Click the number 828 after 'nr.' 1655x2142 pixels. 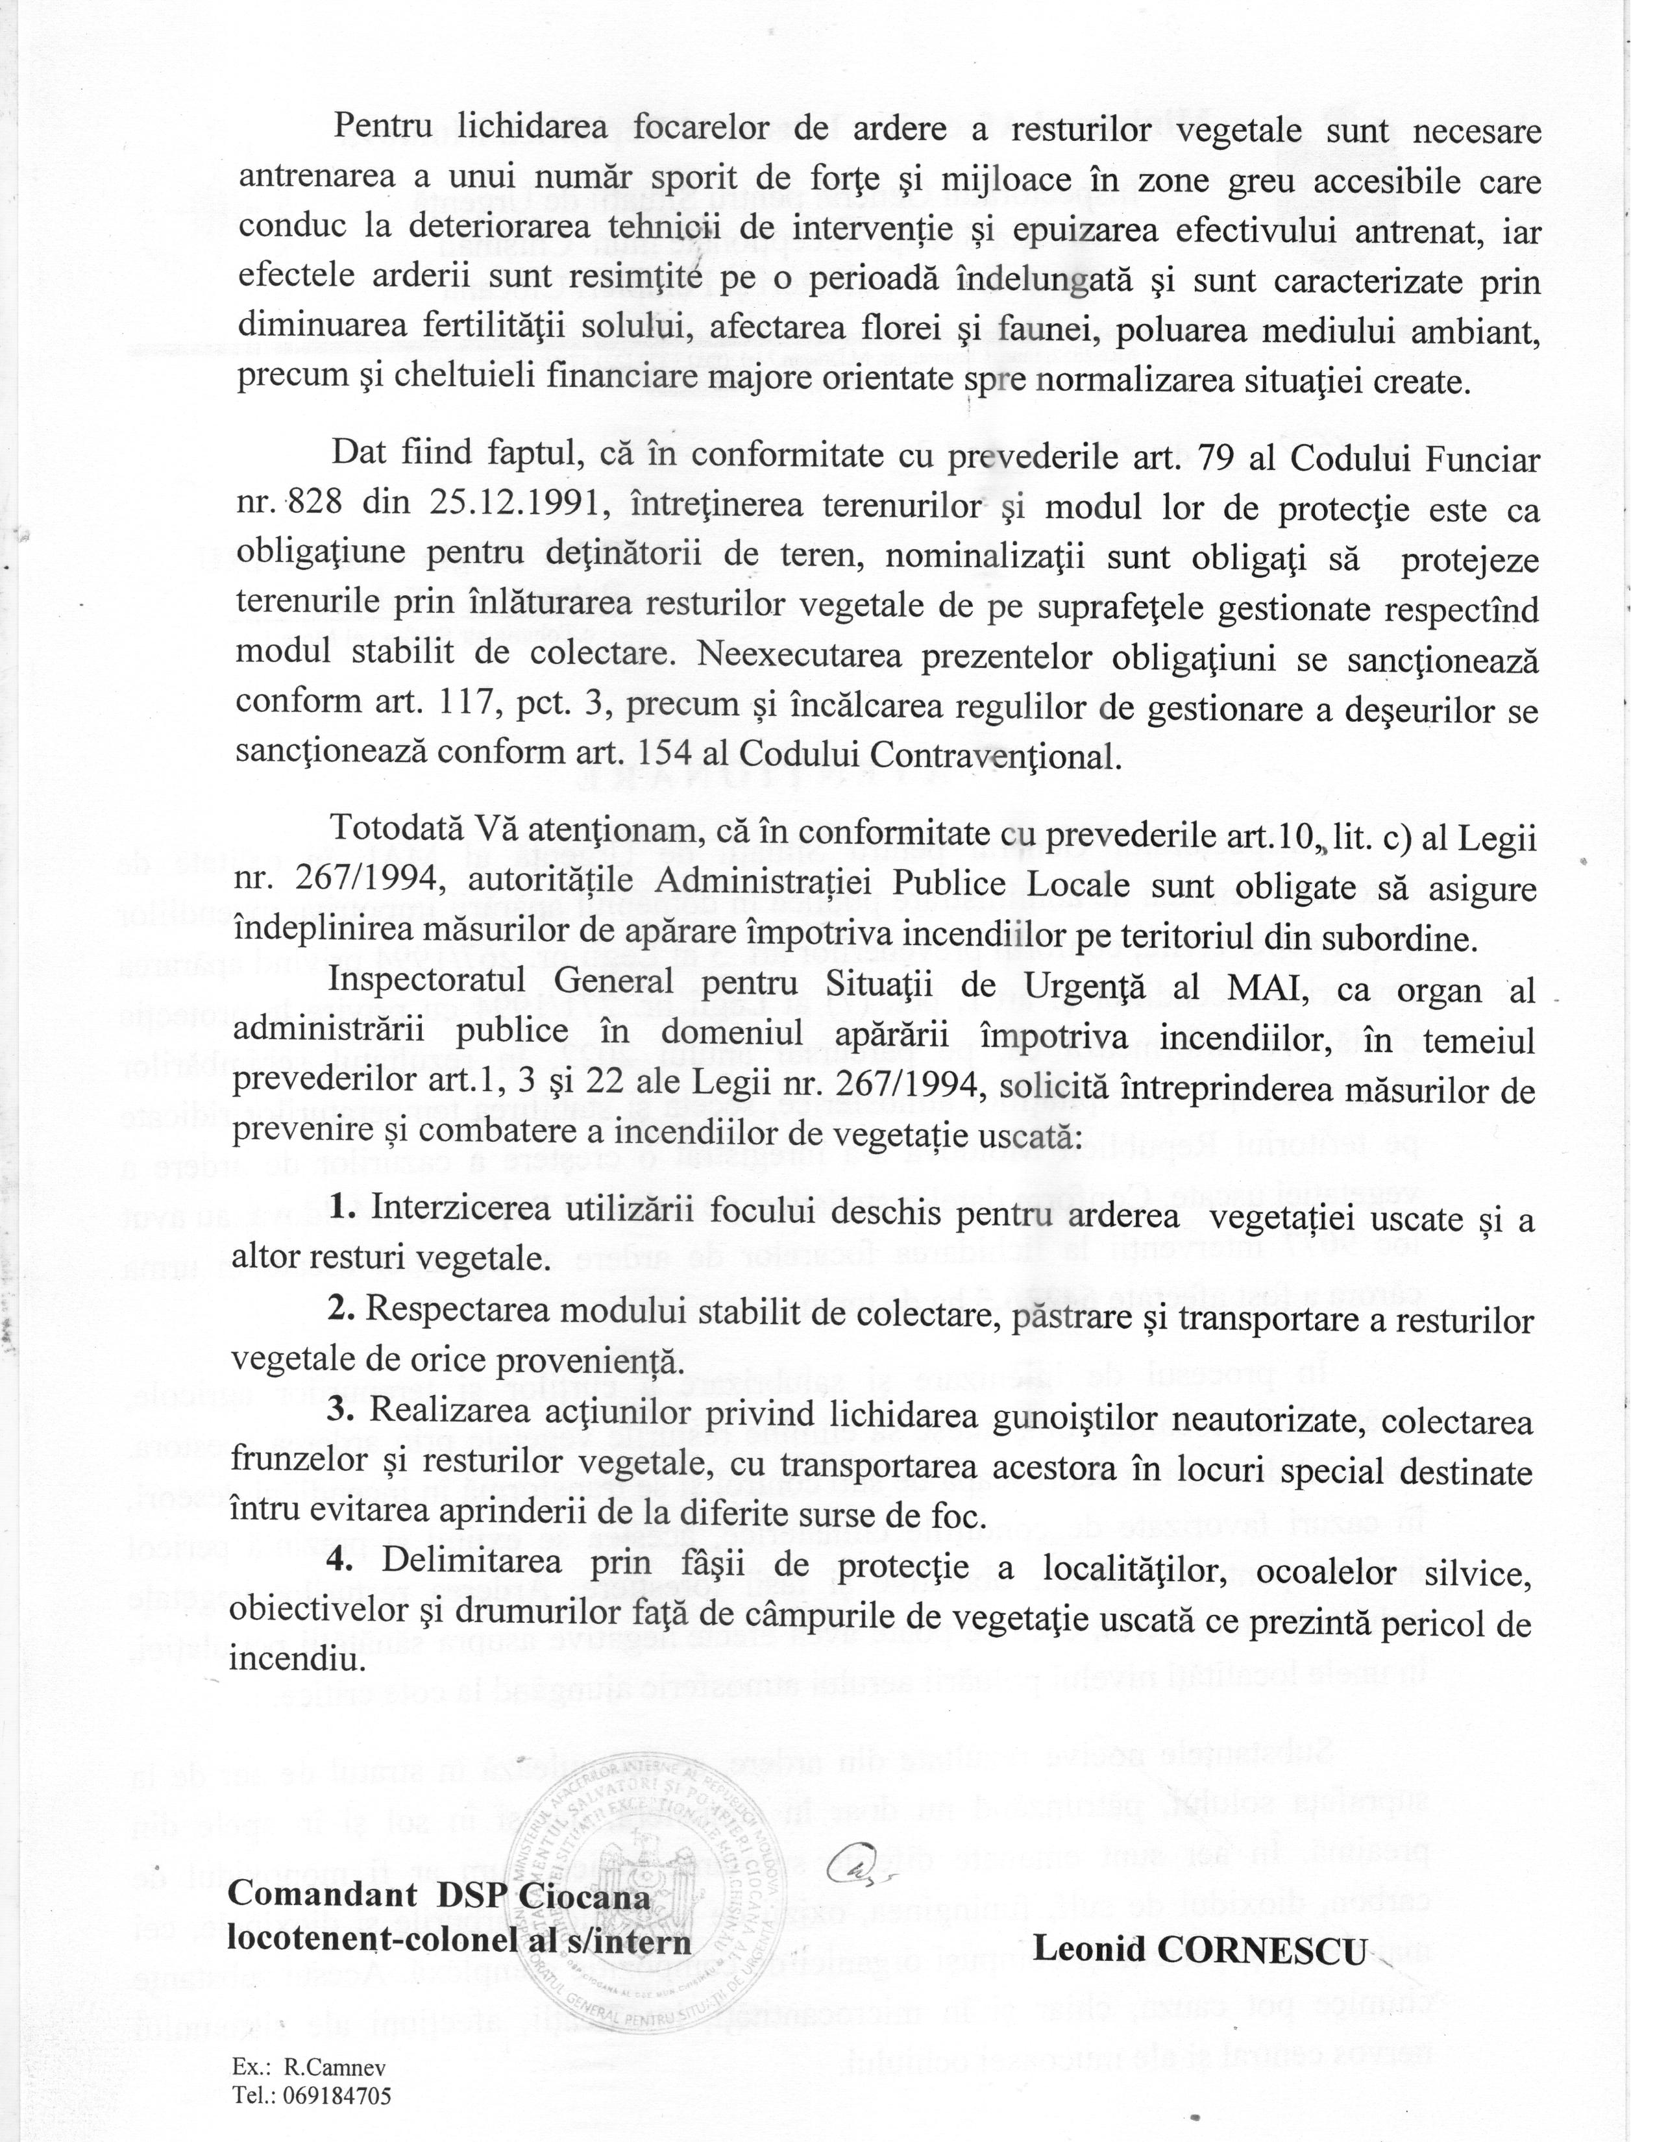pos(312,506)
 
